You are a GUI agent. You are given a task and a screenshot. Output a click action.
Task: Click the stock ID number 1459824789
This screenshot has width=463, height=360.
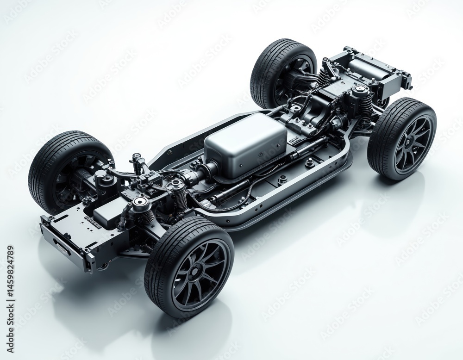[x=10, y=287]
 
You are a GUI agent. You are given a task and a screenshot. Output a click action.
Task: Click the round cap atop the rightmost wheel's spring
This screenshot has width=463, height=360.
[x=361, y=90]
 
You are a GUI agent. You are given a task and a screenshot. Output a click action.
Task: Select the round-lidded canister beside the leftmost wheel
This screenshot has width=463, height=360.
[x=102, y=178]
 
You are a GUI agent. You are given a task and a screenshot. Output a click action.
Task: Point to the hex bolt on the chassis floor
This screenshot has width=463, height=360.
[x=309, y=162]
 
